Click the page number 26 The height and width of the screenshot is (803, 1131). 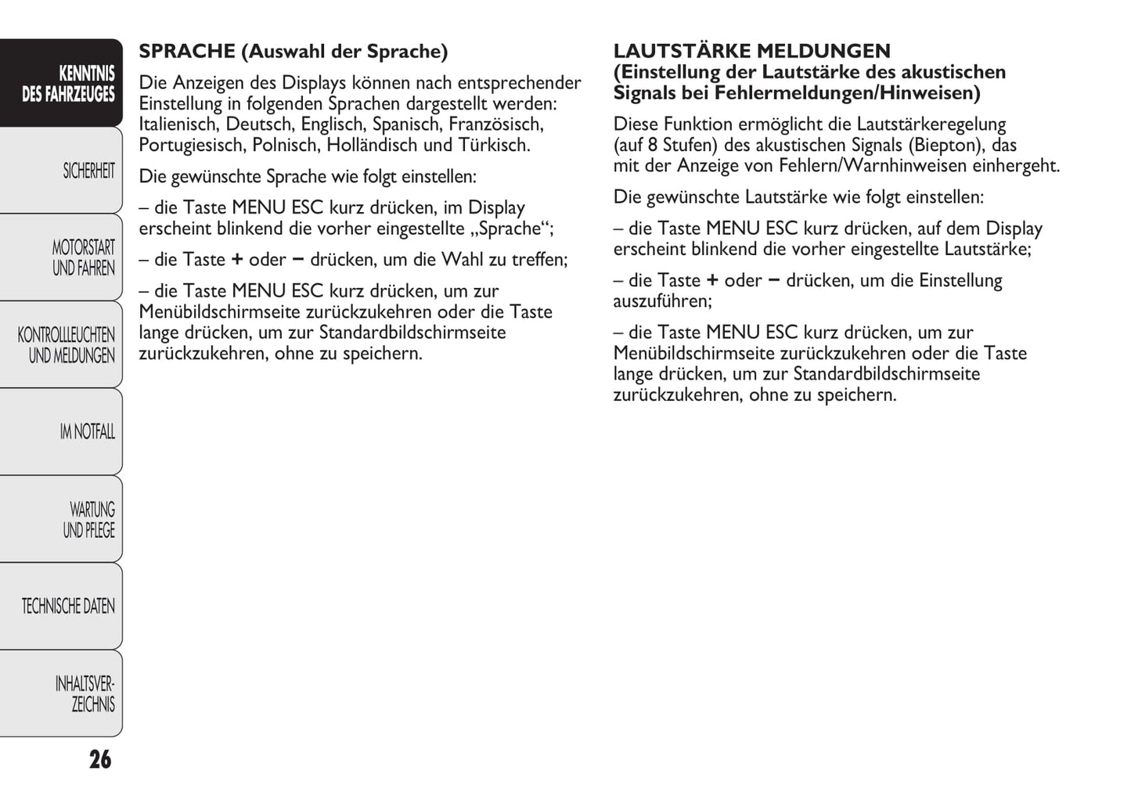(x=100, y=760)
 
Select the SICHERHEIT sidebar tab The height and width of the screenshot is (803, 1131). (x=88, y=171)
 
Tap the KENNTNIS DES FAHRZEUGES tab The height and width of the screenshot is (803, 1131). (x=69, y=84)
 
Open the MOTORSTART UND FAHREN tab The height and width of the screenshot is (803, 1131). (x=83, y=257)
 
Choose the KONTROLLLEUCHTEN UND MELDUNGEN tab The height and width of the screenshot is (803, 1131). (x=67, y=345)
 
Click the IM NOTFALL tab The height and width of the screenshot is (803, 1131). (x=87, y=432)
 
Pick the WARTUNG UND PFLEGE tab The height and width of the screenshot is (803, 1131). (x=89, y=520)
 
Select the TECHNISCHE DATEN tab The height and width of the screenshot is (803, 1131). (x=68, y=607)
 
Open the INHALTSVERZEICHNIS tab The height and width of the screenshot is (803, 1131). (x=85, y=694)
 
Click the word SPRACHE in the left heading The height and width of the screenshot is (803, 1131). (x=187, y=52)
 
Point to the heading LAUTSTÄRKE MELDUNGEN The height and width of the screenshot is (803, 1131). (x=751, y=52)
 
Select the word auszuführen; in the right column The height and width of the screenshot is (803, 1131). (x=662, y=301)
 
